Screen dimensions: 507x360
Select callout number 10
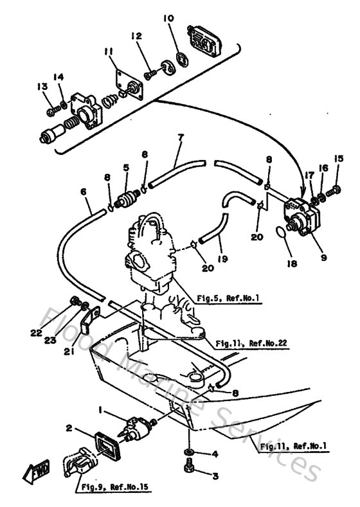[168, 19]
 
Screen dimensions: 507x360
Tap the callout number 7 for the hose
[181, 138]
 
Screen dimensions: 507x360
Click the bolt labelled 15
[334, 190]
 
